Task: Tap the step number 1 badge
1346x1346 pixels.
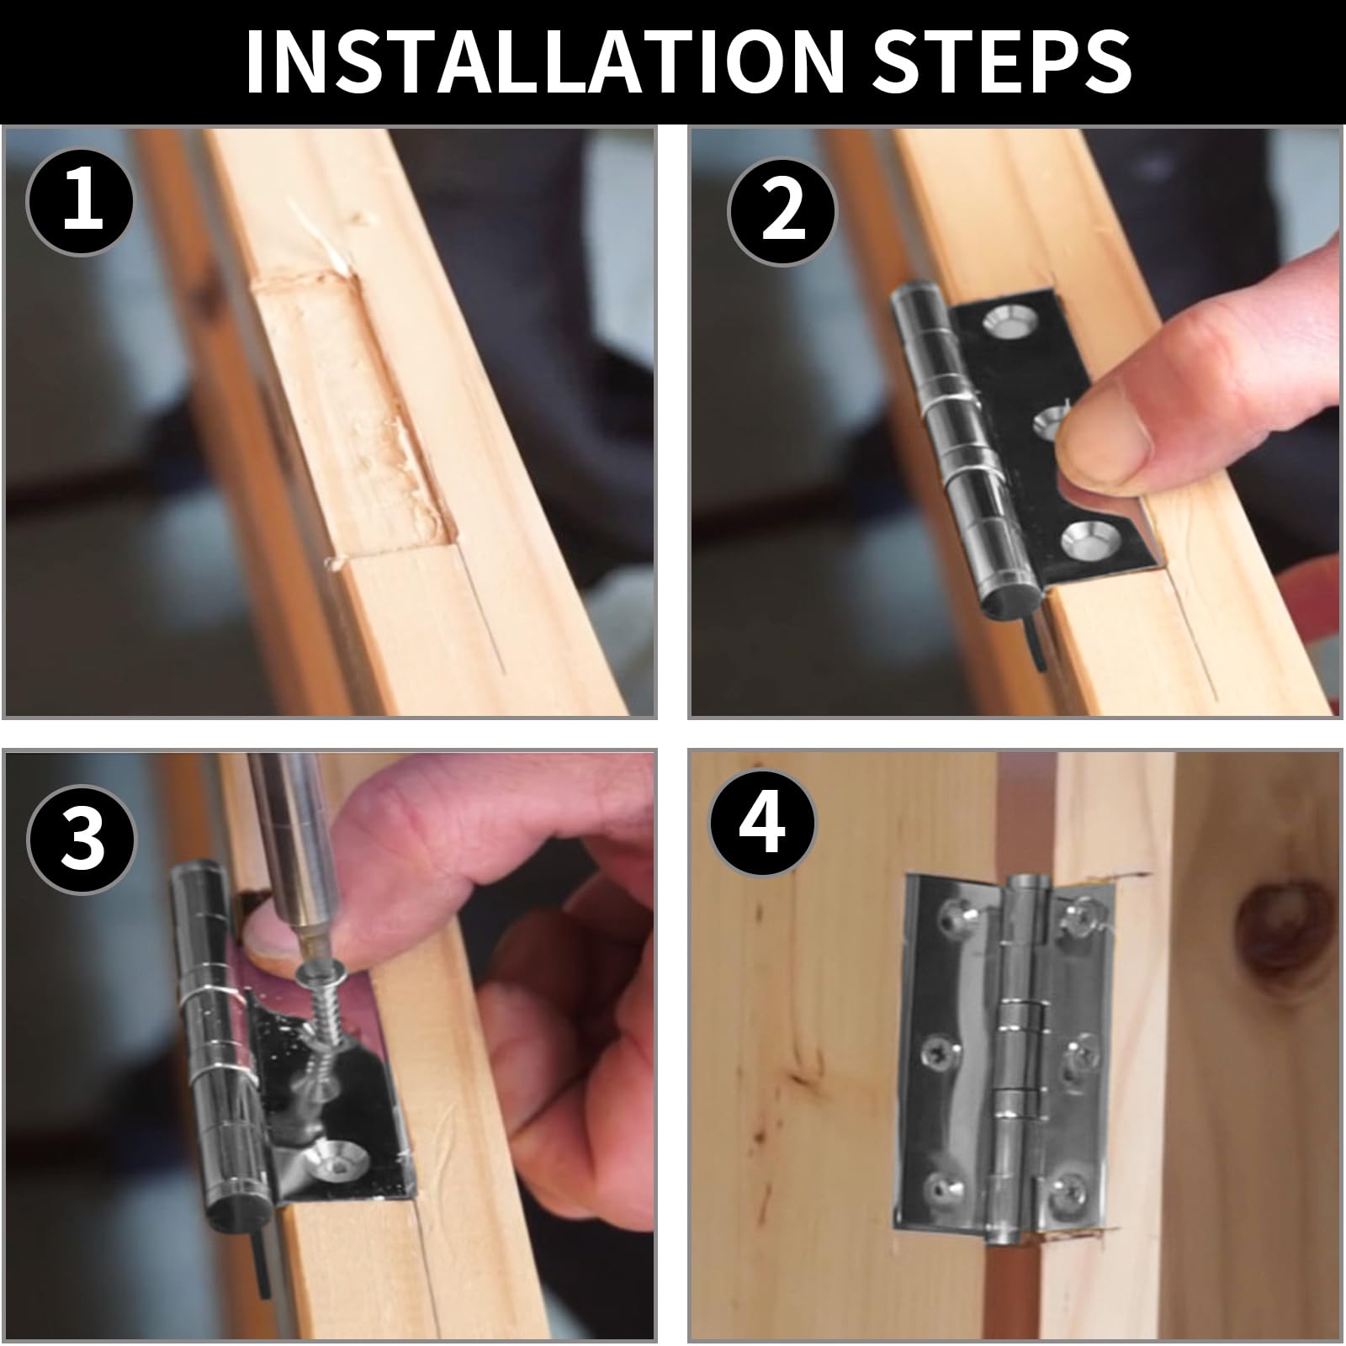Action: (x=81, y=199)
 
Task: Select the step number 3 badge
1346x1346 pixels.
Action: (x=82, y=838)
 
